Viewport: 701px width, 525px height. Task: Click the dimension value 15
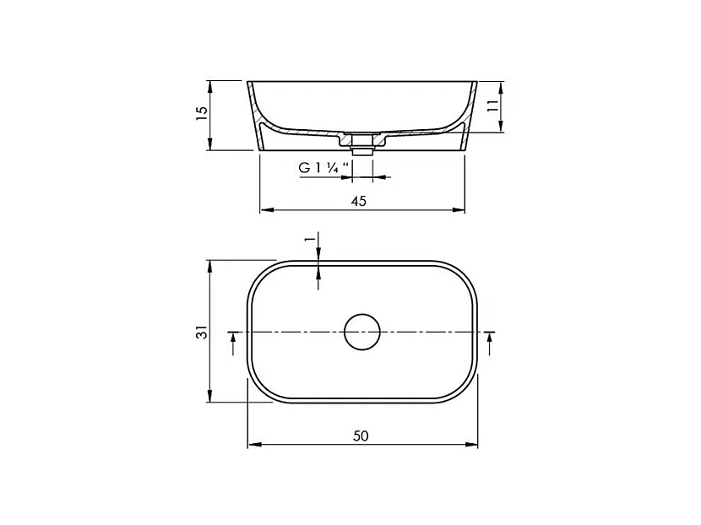[x=201, y=115]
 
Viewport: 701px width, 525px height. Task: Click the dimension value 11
[x=492, y=106]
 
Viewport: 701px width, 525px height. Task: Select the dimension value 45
[x=359, y=200]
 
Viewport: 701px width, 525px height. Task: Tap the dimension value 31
[x=201, y=333]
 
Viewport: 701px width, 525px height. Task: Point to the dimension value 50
[x=361, y=436]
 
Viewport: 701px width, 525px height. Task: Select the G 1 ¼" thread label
[x=318, y=168]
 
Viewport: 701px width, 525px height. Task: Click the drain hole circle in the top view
[x=362, y=332]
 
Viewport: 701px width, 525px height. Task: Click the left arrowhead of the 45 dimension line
[x=263, y=208]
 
